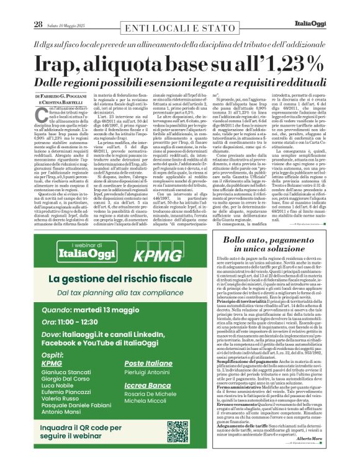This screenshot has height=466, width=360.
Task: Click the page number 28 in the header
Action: [20, 8]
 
